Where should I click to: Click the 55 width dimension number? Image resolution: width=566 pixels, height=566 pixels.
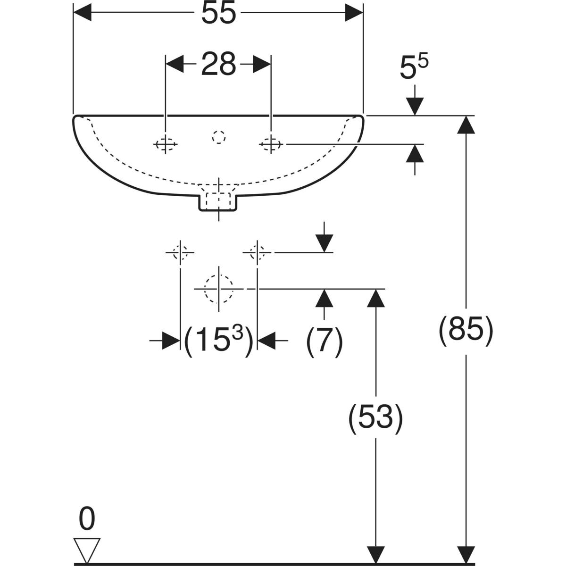[218, 14]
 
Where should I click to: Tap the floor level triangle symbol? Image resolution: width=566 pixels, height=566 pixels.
[87, 550]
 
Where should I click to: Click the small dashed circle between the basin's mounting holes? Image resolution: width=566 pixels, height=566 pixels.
[218, 137]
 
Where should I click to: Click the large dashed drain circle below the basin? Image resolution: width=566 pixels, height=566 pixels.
[218, 288]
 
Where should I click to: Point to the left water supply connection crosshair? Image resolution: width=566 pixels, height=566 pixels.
[180, 252]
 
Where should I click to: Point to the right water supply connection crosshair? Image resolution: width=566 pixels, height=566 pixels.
[257, 252]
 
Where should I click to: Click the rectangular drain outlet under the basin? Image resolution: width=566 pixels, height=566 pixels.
[218, 202]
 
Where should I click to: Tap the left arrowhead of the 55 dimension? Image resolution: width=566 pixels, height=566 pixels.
[83, 14]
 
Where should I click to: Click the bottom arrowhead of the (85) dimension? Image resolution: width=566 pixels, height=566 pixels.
[466, 554]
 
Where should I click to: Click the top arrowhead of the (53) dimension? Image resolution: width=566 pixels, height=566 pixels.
[375, 297]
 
